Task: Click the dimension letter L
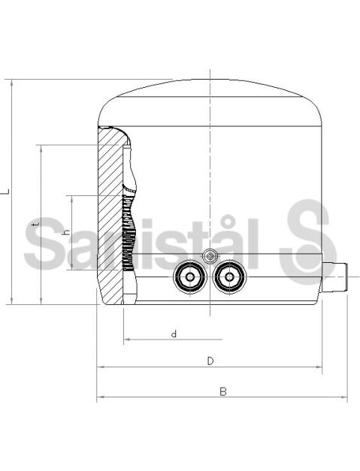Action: pos(5,192)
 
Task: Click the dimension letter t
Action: pos(37,224)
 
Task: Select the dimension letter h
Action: pos(67,232)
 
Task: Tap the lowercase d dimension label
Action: pos(174,334)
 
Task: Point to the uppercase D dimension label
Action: pos(210,361)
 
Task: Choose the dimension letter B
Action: pos(223,391)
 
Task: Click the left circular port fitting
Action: pos(190,276)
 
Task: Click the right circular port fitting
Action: pos(229,276)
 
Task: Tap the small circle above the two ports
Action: pos(210,256)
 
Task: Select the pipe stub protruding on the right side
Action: pos(334,277)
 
